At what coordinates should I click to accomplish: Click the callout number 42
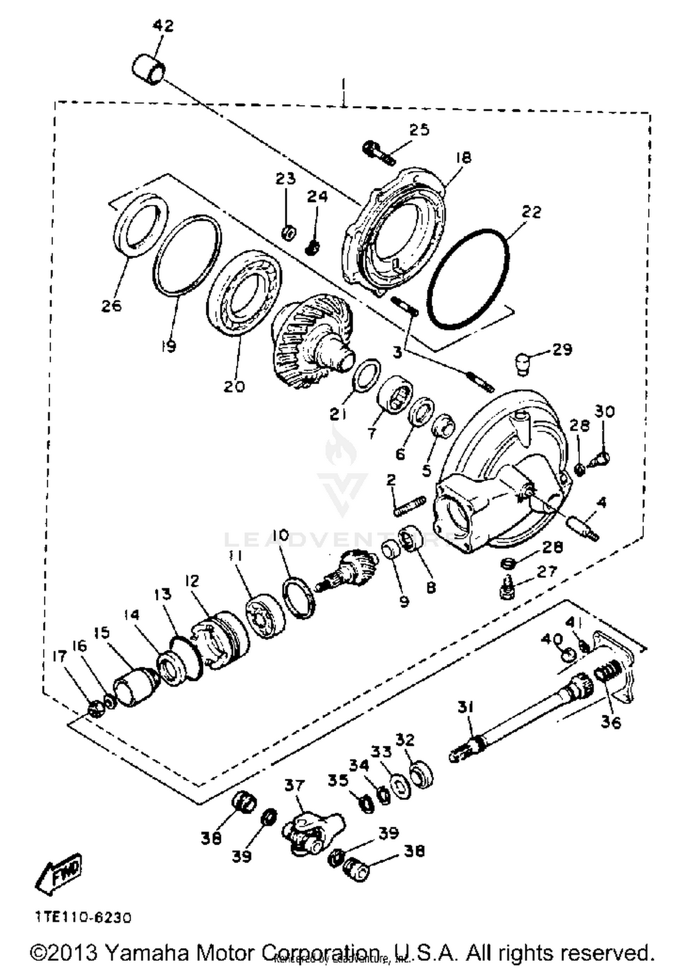[x=163, y=26]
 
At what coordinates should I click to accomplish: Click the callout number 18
[x=463, y=158]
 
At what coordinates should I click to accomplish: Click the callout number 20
[x=234, y=387]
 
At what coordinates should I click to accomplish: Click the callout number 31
[x=466, y=707]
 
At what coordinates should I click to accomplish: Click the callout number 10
[x=282, y=535]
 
